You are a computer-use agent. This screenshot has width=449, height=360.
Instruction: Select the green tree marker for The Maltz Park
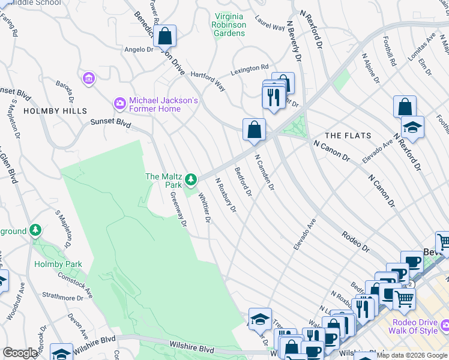point(191,179)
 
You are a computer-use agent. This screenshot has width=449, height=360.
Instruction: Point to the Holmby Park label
point(58,264)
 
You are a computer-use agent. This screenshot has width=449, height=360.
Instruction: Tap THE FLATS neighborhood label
point(348,136)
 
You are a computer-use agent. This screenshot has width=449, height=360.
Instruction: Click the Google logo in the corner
point(20,353)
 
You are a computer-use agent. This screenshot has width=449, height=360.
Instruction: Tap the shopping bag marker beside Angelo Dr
point(164,37)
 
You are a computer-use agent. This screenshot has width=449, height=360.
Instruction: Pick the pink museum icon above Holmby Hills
point(89,79)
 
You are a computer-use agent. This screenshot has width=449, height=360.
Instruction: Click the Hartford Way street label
point(208,81)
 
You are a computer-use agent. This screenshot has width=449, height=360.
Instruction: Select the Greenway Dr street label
point(178,209)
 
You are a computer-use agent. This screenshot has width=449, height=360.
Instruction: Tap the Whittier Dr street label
point(203,207)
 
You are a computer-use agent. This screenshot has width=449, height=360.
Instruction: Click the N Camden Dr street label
point(264,173)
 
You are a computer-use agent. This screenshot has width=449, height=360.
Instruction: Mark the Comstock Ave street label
point(74,284)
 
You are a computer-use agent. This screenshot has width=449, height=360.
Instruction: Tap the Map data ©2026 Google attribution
point(412,355)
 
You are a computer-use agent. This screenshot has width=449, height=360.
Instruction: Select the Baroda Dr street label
point(65,90)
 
